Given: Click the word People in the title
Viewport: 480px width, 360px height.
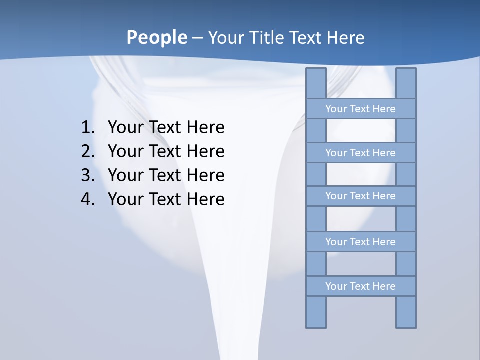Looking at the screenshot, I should (156, 38).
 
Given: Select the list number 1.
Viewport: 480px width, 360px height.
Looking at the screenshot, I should (87, 127).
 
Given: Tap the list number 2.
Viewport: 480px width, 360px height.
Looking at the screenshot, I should (87, 151).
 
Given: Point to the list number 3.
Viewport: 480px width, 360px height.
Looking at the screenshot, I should (87, 175).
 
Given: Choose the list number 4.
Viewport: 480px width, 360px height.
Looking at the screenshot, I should (87, 199).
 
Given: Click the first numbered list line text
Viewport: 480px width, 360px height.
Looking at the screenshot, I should (166, 127).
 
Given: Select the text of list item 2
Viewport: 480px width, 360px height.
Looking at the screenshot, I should (166, 151).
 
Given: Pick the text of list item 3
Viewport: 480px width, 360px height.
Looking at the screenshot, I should (166, 175).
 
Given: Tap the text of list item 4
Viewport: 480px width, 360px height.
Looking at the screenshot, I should (166, 199).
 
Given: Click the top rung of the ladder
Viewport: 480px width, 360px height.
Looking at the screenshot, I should (360, 109).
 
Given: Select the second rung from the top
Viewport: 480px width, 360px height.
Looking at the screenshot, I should (360, 153).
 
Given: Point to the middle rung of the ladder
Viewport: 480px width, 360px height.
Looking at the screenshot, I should (360, 196).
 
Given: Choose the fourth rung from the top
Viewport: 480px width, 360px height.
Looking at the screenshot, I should (360, 242).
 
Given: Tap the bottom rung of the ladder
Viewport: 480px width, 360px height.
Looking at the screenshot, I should (360, 286).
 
